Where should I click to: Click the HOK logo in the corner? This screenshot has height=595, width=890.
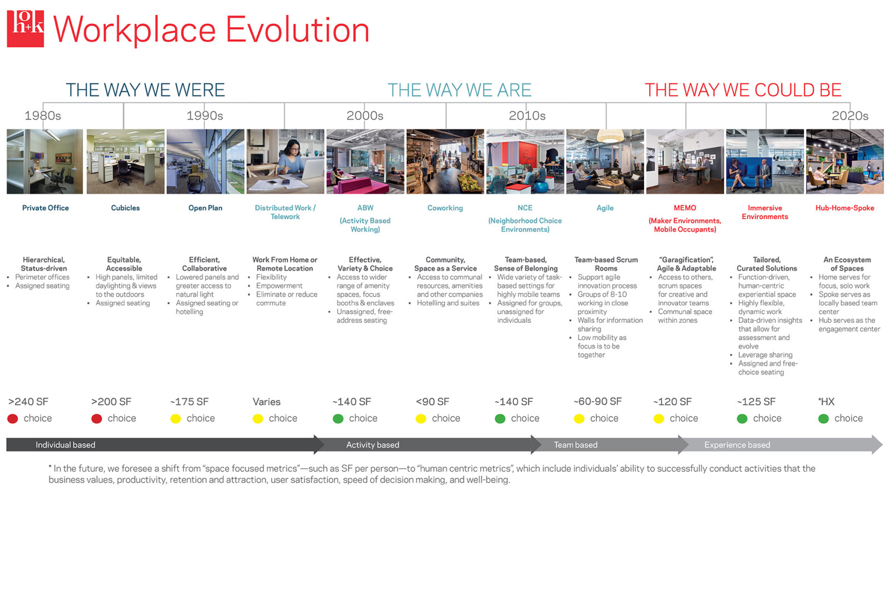[x=25, y=28]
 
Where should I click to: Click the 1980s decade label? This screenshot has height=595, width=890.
[x=43, y=116]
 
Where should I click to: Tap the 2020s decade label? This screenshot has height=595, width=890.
[x=849, y=116]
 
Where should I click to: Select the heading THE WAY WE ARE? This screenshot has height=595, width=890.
[x=459, y=90]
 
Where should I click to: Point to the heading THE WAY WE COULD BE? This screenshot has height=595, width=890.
[x=743, y=90]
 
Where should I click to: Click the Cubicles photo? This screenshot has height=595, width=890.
[x=126, y=161]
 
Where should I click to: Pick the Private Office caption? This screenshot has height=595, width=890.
[x=46, y=208]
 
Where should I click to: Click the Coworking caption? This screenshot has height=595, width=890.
[x=445, y=208]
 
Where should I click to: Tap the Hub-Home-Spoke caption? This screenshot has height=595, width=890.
[x=844, y=208]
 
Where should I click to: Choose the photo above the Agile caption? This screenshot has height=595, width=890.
[x=605, y=161]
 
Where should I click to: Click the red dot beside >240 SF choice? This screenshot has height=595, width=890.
[x=13, y=419]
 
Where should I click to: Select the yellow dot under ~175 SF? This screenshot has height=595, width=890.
[x=176, y=419]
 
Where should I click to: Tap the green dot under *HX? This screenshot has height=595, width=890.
[x=824, y=419]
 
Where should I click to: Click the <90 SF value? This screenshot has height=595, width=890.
[x=432, y=402]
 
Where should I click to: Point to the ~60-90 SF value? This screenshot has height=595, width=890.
[x=597, y=402]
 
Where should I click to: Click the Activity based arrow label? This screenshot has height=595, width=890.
[x=373, y=445]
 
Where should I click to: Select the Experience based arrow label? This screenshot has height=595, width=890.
[x=737, y=445]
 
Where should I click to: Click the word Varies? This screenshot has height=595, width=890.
[x=266, y=402]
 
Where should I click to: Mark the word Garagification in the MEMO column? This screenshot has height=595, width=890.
[x=686, y=260]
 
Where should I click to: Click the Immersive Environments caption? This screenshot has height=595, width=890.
[x=765, y=212]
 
